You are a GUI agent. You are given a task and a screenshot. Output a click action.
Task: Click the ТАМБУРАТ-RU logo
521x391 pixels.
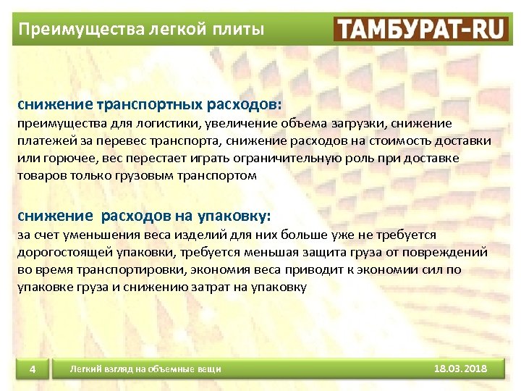click(421, 29)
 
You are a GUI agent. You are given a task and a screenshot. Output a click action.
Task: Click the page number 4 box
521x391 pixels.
click(33, 370)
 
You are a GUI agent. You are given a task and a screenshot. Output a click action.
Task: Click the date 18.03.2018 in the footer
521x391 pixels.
click(460, 369)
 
